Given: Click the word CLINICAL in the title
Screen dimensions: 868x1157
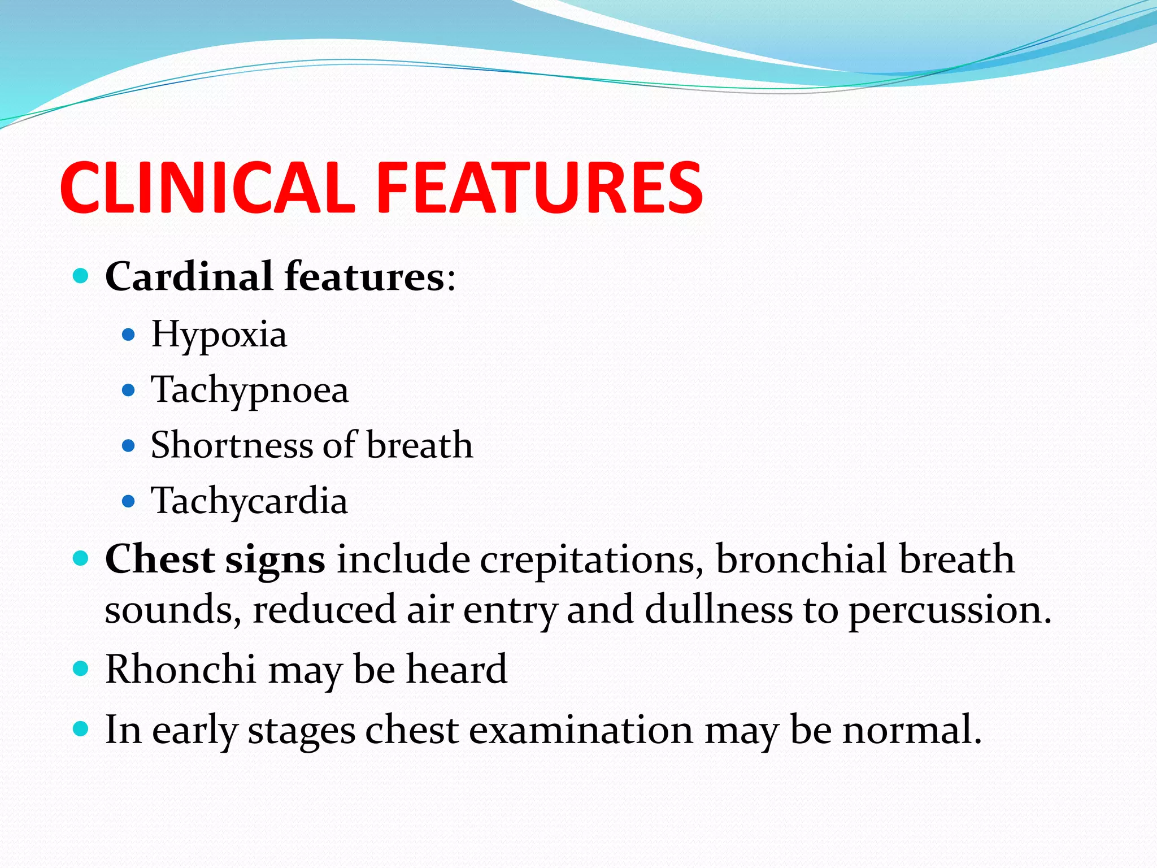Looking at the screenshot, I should click(207, 188).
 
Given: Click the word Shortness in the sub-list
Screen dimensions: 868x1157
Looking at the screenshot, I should click(231, 445).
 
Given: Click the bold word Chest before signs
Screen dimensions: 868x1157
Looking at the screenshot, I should click(159, 559).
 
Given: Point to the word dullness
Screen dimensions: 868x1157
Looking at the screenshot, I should click(719, 610).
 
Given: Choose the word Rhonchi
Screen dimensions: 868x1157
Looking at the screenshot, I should click(180, 670).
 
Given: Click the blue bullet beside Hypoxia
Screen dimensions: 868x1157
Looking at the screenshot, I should click(129, 335).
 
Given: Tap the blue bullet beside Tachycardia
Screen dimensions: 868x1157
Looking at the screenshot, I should click(129, 501).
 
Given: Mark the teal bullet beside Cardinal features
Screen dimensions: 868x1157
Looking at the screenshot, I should click(81, 276).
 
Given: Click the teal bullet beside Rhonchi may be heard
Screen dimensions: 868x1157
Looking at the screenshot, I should click(81, 670).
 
